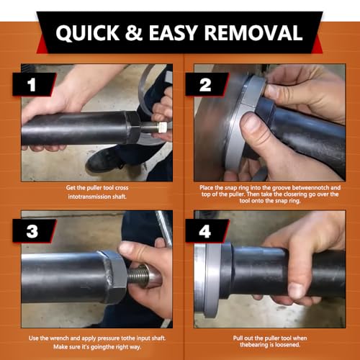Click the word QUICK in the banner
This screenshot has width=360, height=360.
(88, 33)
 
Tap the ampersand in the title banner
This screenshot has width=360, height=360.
(134, 32)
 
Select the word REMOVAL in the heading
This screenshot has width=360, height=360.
(253, 32)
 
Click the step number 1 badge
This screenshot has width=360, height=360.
(34, 84)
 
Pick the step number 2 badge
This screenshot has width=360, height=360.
(207, 84)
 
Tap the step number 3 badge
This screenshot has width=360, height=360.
(34, 231)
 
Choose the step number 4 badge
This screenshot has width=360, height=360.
(207, 231)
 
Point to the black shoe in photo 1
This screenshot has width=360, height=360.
(106, 160)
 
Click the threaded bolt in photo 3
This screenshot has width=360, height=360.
(138, 276)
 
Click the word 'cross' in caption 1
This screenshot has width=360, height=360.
(122, 188)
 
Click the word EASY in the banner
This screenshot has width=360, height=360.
(174, 32)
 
